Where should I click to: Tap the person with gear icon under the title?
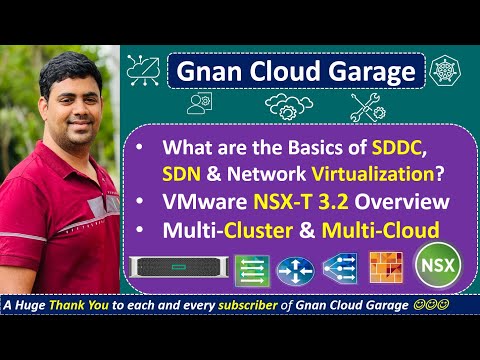[197, 105]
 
